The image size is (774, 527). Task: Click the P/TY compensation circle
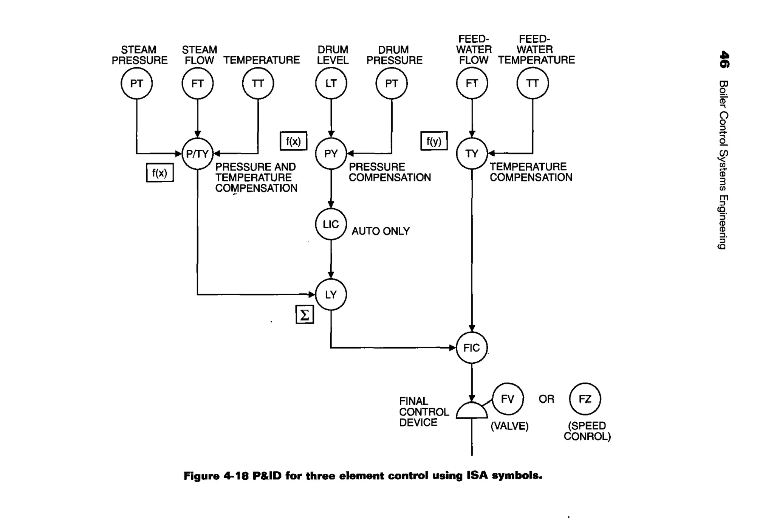(197, 153)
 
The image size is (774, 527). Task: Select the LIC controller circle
(331, 224)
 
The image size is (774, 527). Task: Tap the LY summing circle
(331, 294)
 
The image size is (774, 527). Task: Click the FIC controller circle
(472, 347)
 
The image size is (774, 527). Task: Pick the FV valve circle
(508, 399)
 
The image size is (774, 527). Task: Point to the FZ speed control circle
(585, 399)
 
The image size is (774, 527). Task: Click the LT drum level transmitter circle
(331, 83)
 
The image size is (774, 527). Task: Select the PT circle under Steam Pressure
(136, 83)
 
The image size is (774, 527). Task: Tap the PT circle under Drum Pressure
(392, 83)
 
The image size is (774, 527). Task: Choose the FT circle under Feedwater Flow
(472, 83)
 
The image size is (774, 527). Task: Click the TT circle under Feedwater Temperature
(533, 83)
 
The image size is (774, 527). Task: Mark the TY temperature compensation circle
(472, 153)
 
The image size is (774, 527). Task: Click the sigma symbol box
(305, 315)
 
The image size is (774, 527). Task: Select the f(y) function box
(434, 141)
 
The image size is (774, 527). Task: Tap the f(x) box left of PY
(293, 141)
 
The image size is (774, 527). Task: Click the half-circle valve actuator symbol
(472, 411)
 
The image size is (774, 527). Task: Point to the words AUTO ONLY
(381, 231)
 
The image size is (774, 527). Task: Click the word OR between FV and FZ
(546, 399)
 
